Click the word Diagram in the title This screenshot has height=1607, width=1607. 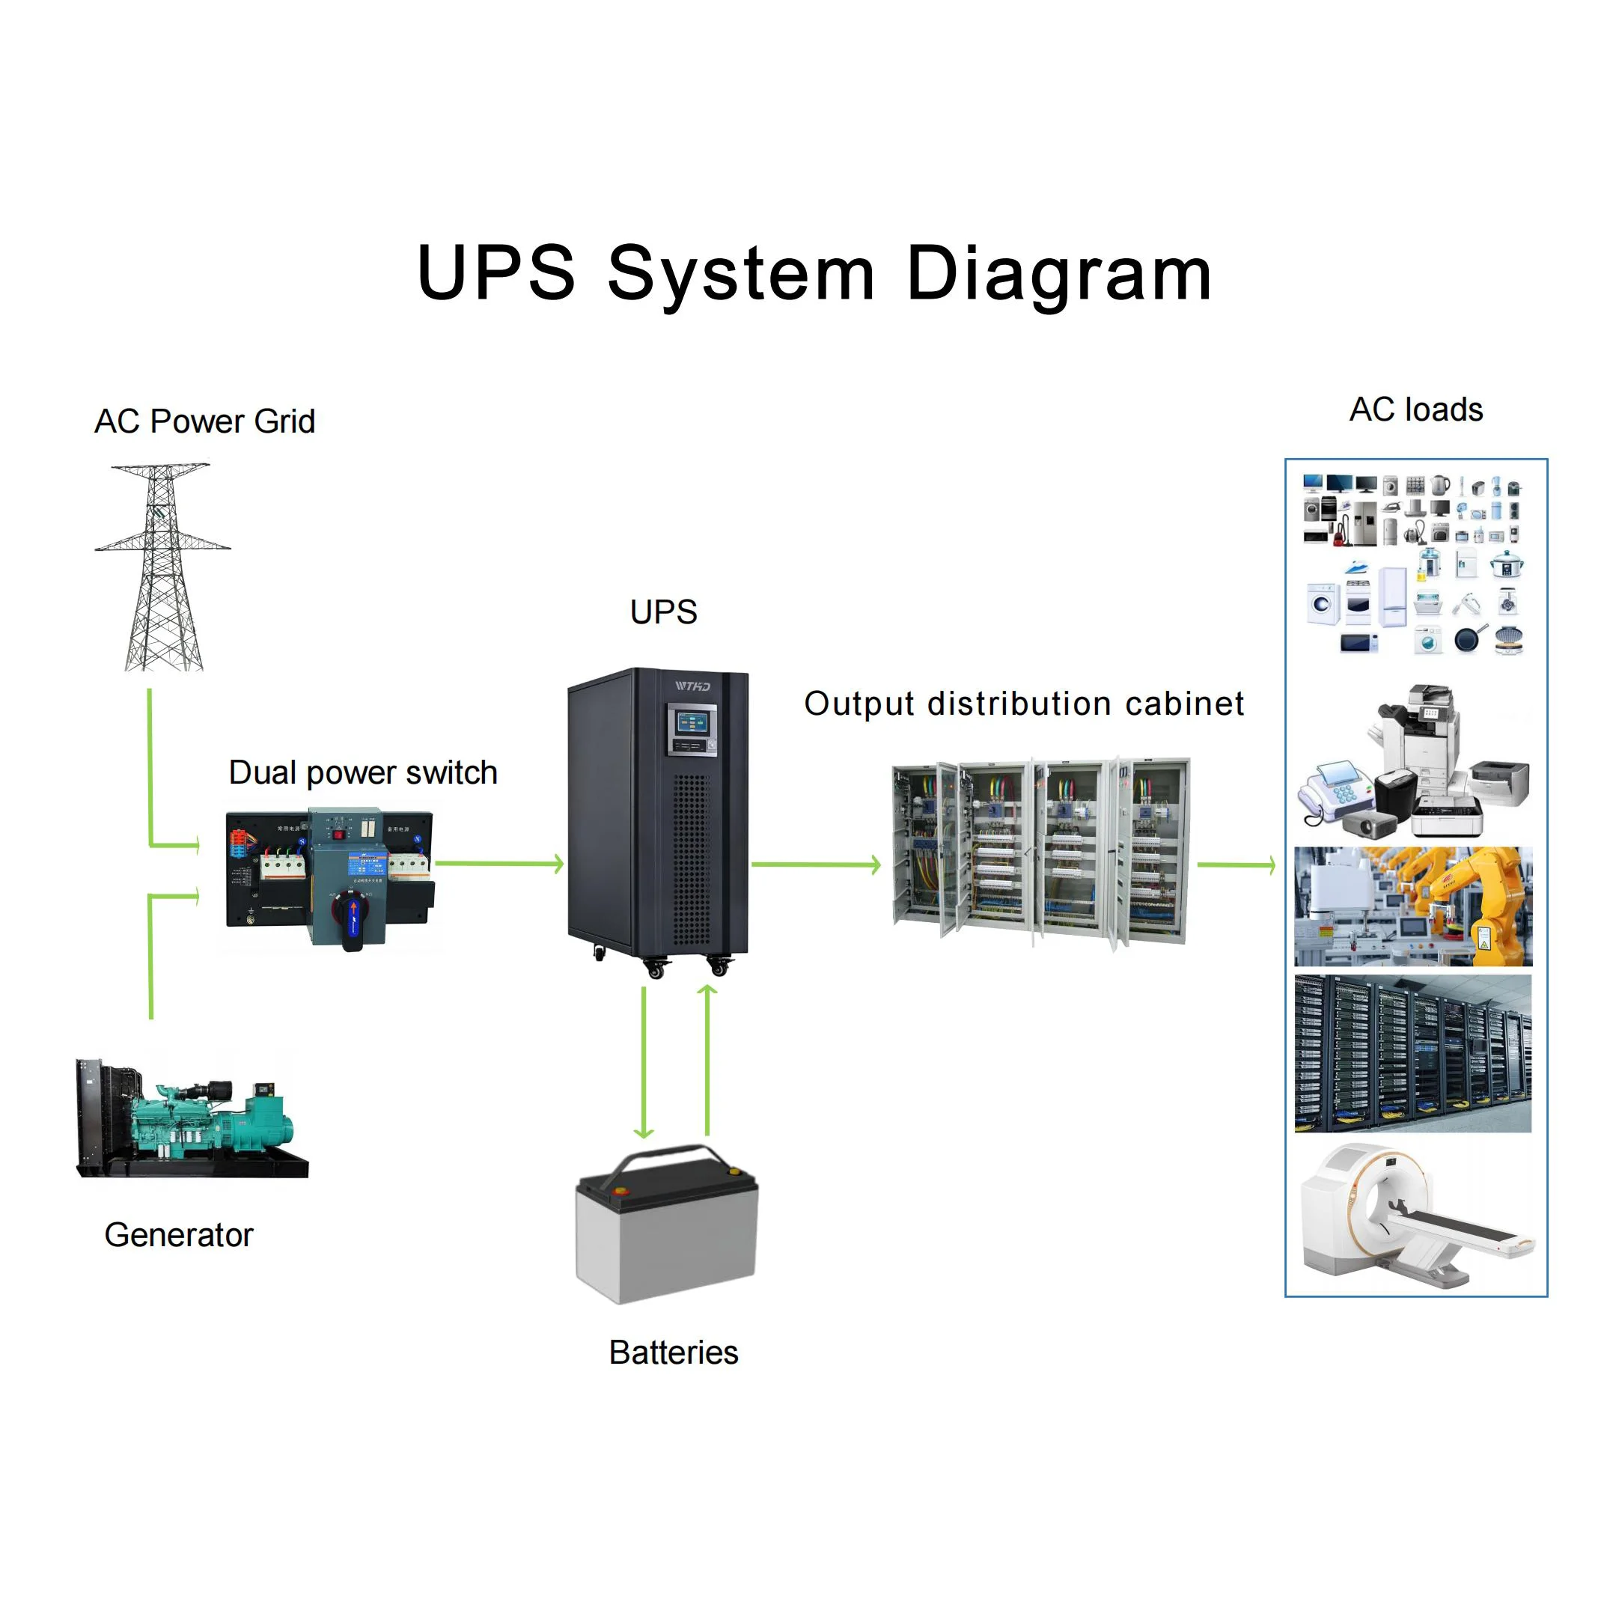1058,275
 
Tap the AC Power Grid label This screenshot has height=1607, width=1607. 204,421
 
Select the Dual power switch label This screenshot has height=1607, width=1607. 363,772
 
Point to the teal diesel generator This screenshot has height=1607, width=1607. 208,1119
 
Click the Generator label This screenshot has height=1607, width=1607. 178,1235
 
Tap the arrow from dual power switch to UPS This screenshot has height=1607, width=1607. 499,864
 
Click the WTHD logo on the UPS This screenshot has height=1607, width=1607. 692,686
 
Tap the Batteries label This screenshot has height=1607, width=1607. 673,1353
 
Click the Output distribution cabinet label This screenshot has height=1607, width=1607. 1024,704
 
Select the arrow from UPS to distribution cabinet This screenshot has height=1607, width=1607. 815,865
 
